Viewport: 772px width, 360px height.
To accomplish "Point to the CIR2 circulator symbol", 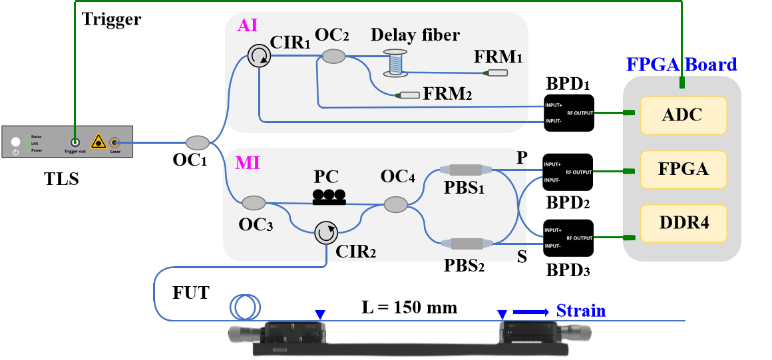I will click(x=325, y=233).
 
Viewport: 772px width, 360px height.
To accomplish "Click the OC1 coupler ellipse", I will click(x=197, y=142).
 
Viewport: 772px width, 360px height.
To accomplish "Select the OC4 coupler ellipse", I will click(x=396, y=204).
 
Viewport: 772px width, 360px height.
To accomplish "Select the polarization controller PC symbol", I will click(x=329, y=196).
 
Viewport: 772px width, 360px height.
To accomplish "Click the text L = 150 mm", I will click(x=409, y=308).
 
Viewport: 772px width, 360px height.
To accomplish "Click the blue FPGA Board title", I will click(x=681, y=65).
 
